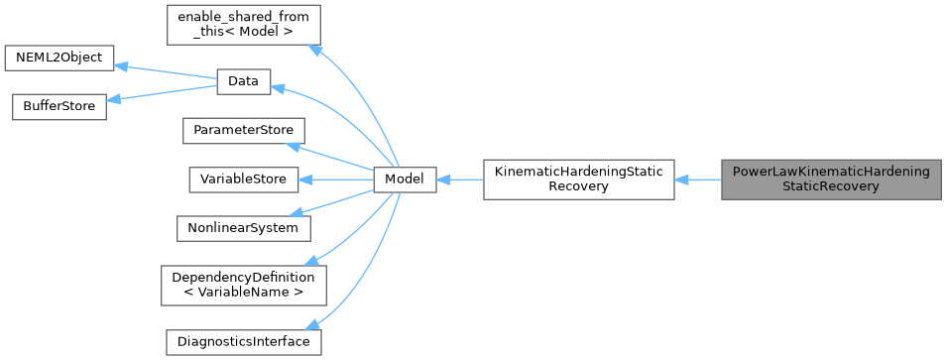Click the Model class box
(x=405, y=180)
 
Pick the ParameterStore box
(x=243, y=130)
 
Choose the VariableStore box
(x=243, y=180)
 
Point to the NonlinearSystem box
(x=243, y=227)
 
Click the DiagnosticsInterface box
(x=243, y=342)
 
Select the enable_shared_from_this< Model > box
(x=243, y=28)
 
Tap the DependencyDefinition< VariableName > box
(x=243, y=285)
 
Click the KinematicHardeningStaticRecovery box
(x=578, y=180)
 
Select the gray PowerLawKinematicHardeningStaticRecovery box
(x=830, y=180)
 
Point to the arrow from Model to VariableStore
(x=336, y=180)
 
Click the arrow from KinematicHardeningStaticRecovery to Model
(x=459, y=180)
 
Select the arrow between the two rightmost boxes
(x=698, y=180)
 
